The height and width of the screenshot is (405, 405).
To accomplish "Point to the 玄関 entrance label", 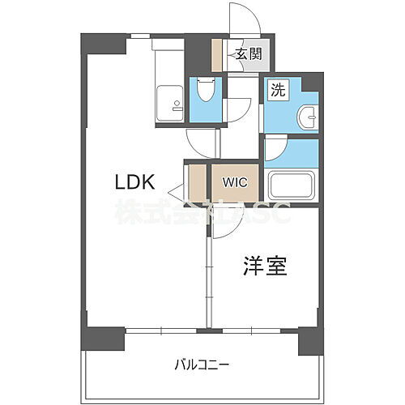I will (248, 55).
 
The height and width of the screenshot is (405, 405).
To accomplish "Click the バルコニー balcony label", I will (201, 364).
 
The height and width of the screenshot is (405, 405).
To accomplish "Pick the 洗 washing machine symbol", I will (277, 91).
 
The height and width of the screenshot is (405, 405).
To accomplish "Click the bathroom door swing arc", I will (276, 149).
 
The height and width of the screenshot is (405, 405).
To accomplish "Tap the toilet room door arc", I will (237, 109).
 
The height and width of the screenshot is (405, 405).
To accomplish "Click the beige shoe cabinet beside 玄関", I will (217, 56).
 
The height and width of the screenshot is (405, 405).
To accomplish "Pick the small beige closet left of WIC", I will (197, 183).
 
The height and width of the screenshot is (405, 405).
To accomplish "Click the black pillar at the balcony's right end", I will (309, 340).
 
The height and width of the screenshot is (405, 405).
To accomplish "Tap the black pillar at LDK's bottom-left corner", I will (103, 339).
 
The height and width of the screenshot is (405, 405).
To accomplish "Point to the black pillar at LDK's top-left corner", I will (103, 44).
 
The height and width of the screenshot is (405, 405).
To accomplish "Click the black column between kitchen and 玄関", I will (198, 55).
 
